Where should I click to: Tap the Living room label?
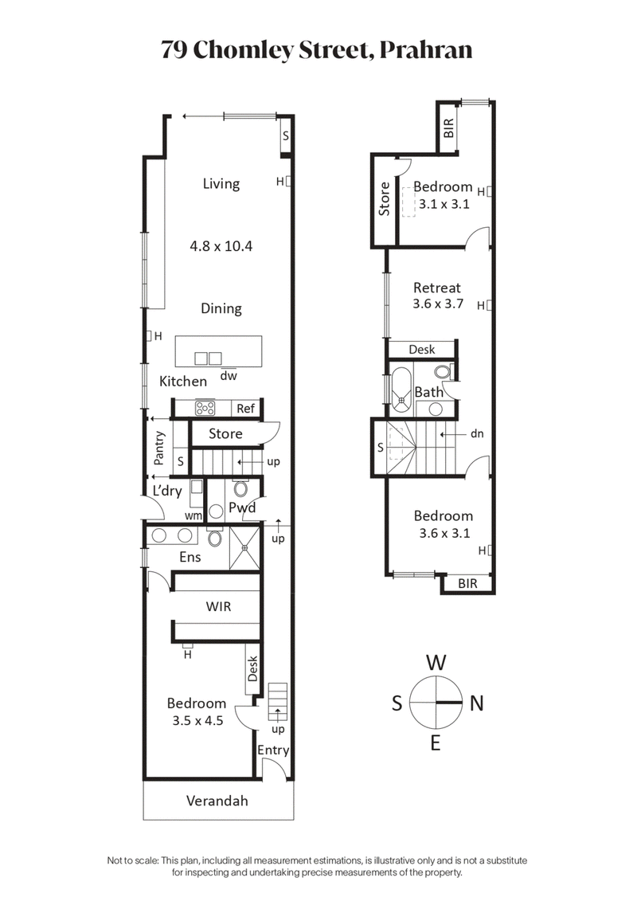coord(221,183)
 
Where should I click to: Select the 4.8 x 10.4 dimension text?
coord(221,246)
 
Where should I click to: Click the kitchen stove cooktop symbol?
coord(205,408)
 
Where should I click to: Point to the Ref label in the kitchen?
coord(245,409)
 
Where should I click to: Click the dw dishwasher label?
coord(229,375)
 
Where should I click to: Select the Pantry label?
coord(160,448)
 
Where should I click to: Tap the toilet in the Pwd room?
coord(242,488)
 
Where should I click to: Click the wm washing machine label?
coord(192,515)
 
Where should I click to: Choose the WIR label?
coord(218,606)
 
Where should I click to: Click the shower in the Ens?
coord(245,547)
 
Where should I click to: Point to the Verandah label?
coord(217,801)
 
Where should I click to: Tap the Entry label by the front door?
coord(272,750)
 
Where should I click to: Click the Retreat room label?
coord(436,288)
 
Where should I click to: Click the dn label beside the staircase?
coord(477,434)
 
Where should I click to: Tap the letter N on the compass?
coord(477,703)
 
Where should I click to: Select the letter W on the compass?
coord(435,661)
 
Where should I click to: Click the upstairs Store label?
coord(385,199)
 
